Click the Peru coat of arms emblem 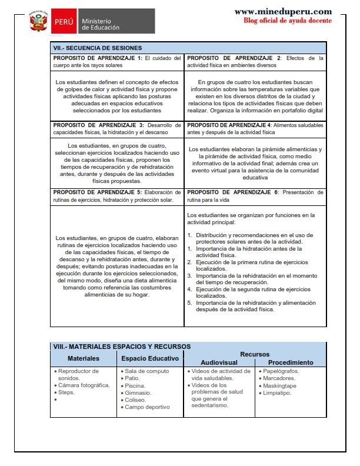pos(38,22)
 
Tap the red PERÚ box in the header pos(63,22)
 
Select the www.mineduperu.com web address pos(282,12)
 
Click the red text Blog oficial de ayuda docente pos(287,21)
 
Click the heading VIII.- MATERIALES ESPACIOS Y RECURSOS pos(121,347)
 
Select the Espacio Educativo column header pos(150,358)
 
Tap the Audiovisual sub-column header pos(219,362)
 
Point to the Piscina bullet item pos(137,385)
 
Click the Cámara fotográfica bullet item pos(84,385)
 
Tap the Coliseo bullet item pos(138,400)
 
